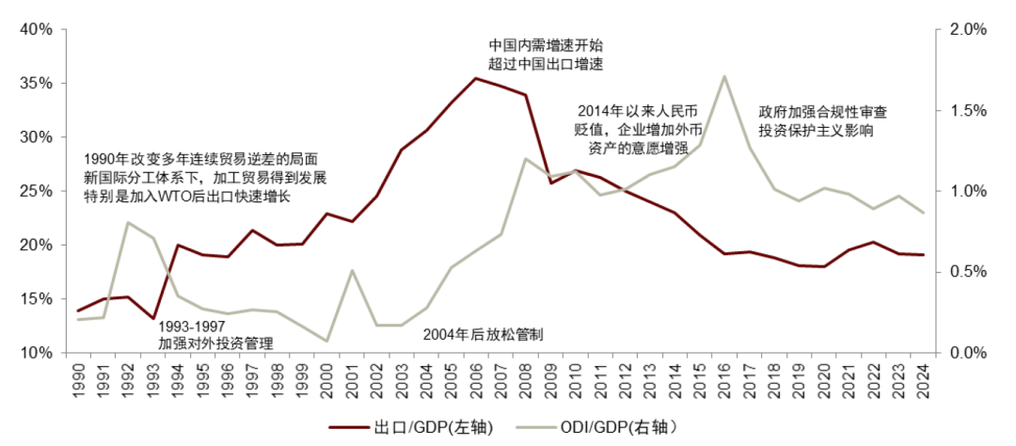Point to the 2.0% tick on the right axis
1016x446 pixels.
(x=964, y=29)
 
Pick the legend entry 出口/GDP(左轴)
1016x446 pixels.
(x=411, y=427)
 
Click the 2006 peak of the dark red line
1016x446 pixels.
(x=475, y=78)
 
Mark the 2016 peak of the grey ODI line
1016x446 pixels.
(x=723, y=76)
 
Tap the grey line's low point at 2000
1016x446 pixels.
(x=326, y=341)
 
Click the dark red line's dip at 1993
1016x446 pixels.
(x=152, y=319)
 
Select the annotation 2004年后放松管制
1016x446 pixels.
(x=483, y=334)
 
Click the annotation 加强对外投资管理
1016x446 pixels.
(x=215, y=344)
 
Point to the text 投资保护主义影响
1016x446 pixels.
(x=817, y=132)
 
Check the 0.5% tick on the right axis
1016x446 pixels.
(x=964, y=272)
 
